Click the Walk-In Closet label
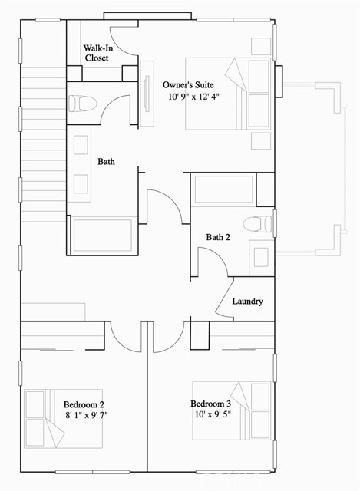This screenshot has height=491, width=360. pyautogui.click(x=97, y=53)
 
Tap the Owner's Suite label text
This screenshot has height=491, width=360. pyautogui.click(x=187, y=84)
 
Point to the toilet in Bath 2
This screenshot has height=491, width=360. pyautogui.click(x=256, y=225)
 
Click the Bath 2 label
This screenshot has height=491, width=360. pyautogui.click(x=218, y=237)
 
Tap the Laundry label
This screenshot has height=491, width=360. pyautogui.click(x=247, y=302)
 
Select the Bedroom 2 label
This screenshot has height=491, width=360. pyautogui.click(x=84, y=404)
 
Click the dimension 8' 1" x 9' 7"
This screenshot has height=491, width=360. pyautogui.click(x=87, y=417)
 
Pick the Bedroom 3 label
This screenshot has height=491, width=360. pyautogui.click(x=210, y=404)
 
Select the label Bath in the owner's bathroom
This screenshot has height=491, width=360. pyautogui.click(x=106, y=162)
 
